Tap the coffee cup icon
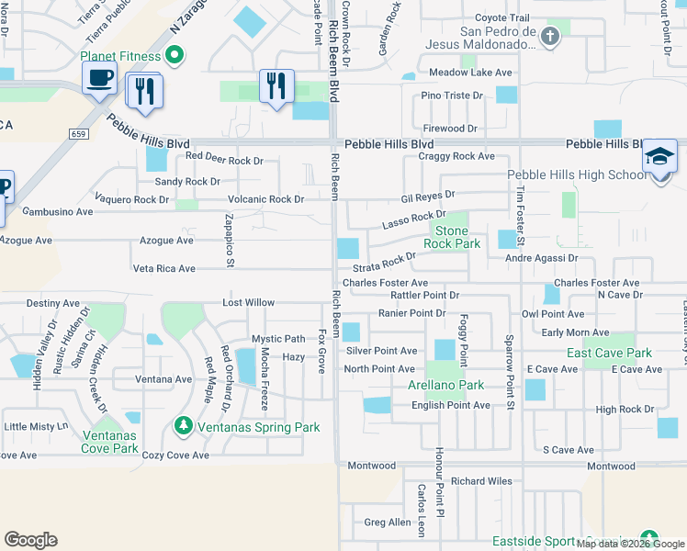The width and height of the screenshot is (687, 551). pos(99,77)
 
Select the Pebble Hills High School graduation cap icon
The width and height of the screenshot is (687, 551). pos(660,157)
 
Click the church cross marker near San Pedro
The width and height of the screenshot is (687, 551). pos(549,37)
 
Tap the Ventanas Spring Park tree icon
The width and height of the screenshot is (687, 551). pos(183,427)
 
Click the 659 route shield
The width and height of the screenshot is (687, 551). pos(76,133)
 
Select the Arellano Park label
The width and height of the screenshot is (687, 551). pos(445,385)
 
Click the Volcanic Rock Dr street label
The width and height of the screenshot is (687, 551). pos(266,199)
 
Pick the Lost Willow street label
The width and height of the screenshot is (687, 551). pos(248,302)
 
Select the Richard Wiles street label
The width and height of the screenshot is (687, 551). pos(480,480)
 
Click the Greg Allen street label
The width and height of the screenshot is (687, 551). pos(388,523)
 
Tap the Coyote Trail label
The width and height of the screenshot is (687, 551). pos(502,17)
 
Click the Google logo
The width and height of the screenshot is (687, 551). pos(31,540)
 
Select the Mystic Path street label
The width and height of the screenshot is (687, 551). pos(278,339)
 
